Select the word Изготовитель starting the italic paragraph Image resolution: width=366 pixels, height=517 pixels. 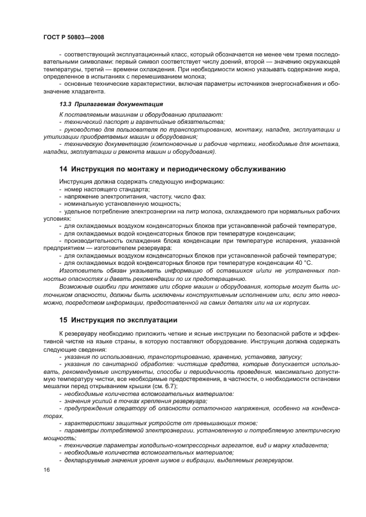point(80,270)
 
